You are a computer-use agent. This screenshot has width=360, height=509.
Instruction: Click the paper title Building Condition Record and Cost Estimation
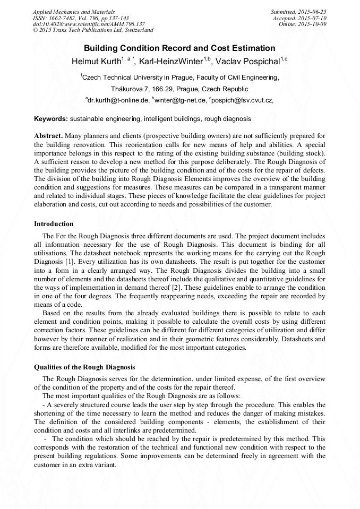[179, 48]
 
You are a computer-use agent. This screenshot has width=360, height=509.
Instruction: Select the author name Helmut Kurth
[96, 61]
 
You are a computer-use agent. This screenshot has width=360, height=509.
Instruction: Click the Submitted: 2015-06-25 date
[298, 11]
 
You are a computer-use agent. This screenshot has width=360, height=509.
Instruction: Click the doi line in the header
[89, 24]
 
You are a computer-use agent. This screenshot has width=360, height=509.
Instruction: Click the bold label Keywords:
[51, 119]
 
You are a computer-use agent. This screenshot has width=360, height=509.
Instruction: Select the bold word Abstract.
[48, 136]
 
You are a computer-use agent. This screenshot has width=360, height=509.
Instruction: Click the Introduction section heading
[54, 223]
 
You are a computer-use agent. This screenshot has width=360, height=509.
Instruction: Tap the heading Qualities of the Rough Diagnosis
[84, 367]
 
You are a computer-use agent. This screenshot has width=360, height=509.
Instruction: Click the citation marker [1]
[71, 262]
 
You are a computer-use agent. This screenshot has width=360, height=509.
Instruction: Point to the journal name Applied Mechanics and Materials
[74, 11]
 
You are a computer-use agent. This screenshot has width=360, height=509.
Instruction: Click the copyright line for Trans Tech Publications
[93, 30]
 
